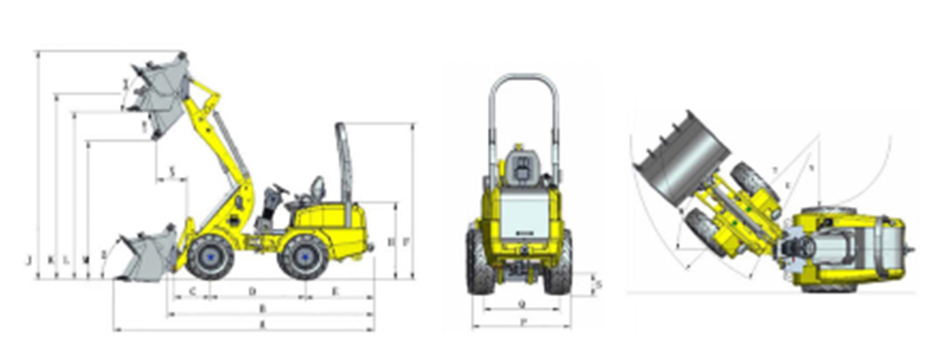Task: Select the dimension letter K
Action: click(x=50, y=259)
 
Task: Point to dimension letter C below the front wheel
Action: click(x=192, y=290)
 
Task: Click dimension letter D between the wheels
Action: click(x=252, y=290)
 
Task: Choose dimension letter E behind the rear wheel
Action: click(x=336, y=290)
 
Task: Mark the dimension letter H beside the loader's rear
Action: click(x=391, y=243)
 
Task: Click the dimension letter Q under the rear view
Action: click(x=522, y=304)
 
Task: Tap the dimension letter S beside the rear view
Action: click(x=599, y=285)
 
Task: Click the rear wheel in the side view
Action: click(x=302, y=257)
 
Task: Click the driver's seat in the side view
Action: click(x=314, y=193)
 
